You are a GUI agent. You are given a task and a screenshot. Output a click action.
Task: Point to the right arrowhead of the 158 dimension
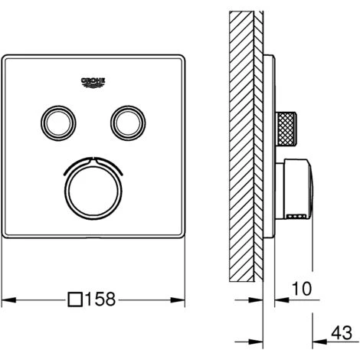point(184,300)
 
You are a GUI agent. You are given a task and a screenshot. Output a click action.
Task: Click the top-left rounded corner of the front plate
point(9,58)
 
